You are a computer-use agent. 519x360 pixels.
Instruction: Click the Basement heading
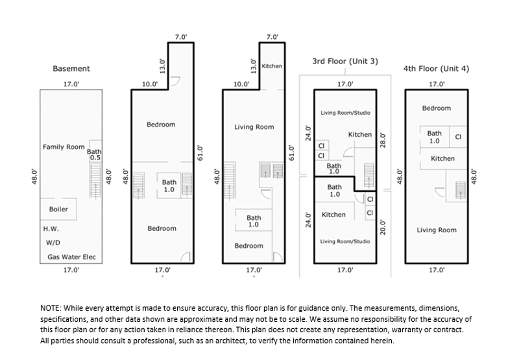click(x=71, y=68)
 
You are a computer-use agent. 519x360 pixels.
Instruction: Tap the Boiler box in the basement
click(x=58, y=210)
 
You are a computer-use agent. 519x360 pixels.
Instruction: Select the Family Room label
click(x=64, y=147)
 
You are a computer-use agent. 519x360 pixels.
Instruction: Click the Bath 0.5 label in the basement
click(x=94, y=154)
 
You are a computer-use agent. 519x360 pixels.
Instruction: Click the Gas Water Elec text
click(x=71, y=258)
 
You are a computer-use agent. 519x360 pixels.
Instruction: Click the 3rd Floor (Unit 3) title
click(x=345, y=62)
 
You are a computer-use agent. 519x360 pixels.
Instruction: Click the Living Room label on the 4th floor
click(x=436, y=230)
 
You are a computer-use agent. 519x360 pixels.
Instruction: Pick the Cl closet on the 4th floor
click(x=458, y=137)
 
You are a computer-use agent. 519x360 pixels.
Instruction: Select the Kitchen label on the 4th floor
click(x=443, y=158)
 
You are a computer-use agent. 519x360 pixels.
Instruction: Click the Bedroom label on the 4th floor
click(x=436, y=108)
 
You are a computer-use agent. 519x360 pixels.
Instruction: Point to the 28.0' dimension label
click(x=383, y=139)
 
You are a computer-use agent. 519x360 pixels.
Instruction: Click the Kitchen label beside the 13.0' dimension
click(x=271, y=66)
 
